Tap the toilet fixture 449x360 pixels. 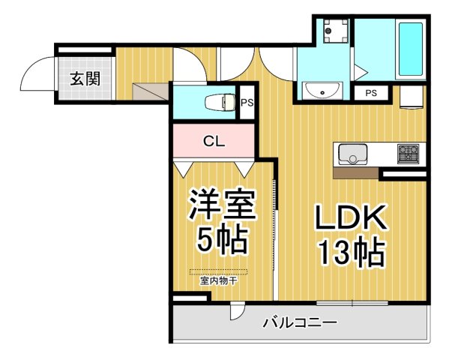tap(219, 101)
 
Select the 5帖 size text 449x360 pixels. tap(222, 240)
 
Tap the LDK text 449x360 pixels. tap(349, 219)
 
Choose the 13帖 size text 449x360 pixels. tap(349, 253)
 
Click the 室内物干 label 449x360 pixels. tap(218, 282)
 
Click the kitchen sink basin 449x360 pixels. tap(351, 154)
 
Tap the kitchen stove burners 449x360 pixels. tap(409, 154)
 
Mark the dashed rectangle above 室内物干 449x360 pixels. tap(218, 272)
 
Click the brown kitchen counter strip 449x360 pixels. tap(355, 172)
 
